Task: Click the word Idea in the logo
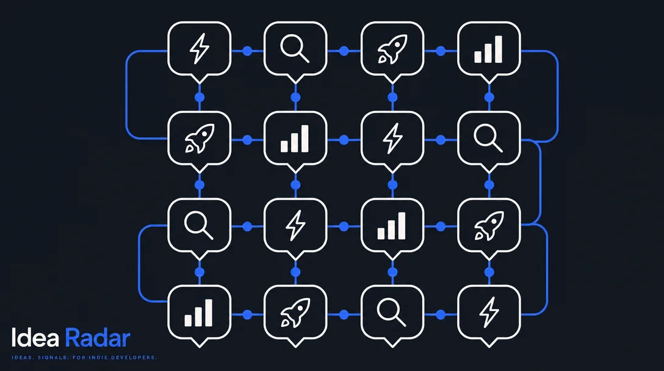point(35,337)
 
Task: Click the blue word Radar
point(98,337)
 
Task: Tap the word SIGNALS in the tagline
point(52,358)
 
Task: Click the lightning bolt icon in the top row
point(199,48)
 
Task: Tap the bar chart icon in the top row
point(488,49)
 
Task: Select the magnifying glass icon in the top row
point(295,48)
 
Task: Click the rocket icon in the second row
point(200,138)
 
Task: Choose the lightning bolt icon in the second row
point(392,138)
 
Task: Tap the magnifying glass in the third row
point(198,225)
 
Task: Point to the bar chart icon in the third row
point(392,226)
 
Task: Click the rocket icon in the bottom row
point(295,312)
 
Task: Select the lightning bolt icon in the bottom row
point(489,312)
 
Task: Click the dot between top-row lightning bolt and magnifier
point(247,51)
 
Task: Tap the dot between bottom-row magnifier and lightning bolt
point(441,314)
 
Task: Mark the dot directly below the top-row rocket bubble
point(392,97)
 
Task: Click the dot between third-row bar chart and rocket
point(441,226)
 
